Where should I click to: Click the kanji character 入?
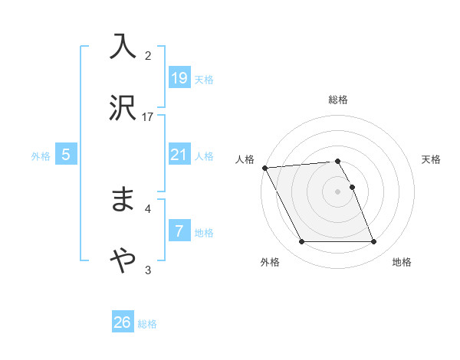coord(123,46)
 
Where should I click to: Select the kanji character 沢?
coord(123,109)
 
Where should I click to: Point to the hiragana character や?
coord(123,261)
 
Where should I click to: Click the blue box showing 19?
coord(179,78)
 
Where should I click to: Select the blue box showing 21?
coord(179,155)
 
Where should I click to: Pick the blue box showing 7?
coord(179,231)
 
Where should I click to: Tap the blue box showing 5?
coord(66,155)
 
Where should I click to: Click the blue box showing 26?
coord(123,322)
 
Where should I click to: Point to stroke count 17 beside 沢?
coord(148,116)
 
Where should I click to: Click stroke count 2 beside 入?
coord(148,55)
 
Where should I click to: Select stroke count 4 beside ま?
coord(148,208)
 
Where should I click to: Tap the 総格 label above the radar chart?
coord(338,100)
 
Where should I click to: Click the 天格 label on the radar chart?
coord(432,159)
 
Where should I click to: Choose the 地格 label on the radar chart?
coord(402,262)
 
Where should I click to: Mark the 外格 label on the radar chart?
coord(270,262)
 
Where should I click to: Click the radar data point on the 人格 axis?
coord(264,168)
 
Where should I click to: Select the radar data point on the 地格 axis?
coord(373,242)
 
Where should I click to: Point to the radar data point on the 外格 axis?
coord(301,242)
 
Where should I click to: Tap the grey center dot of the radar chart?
coord(338,191)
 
